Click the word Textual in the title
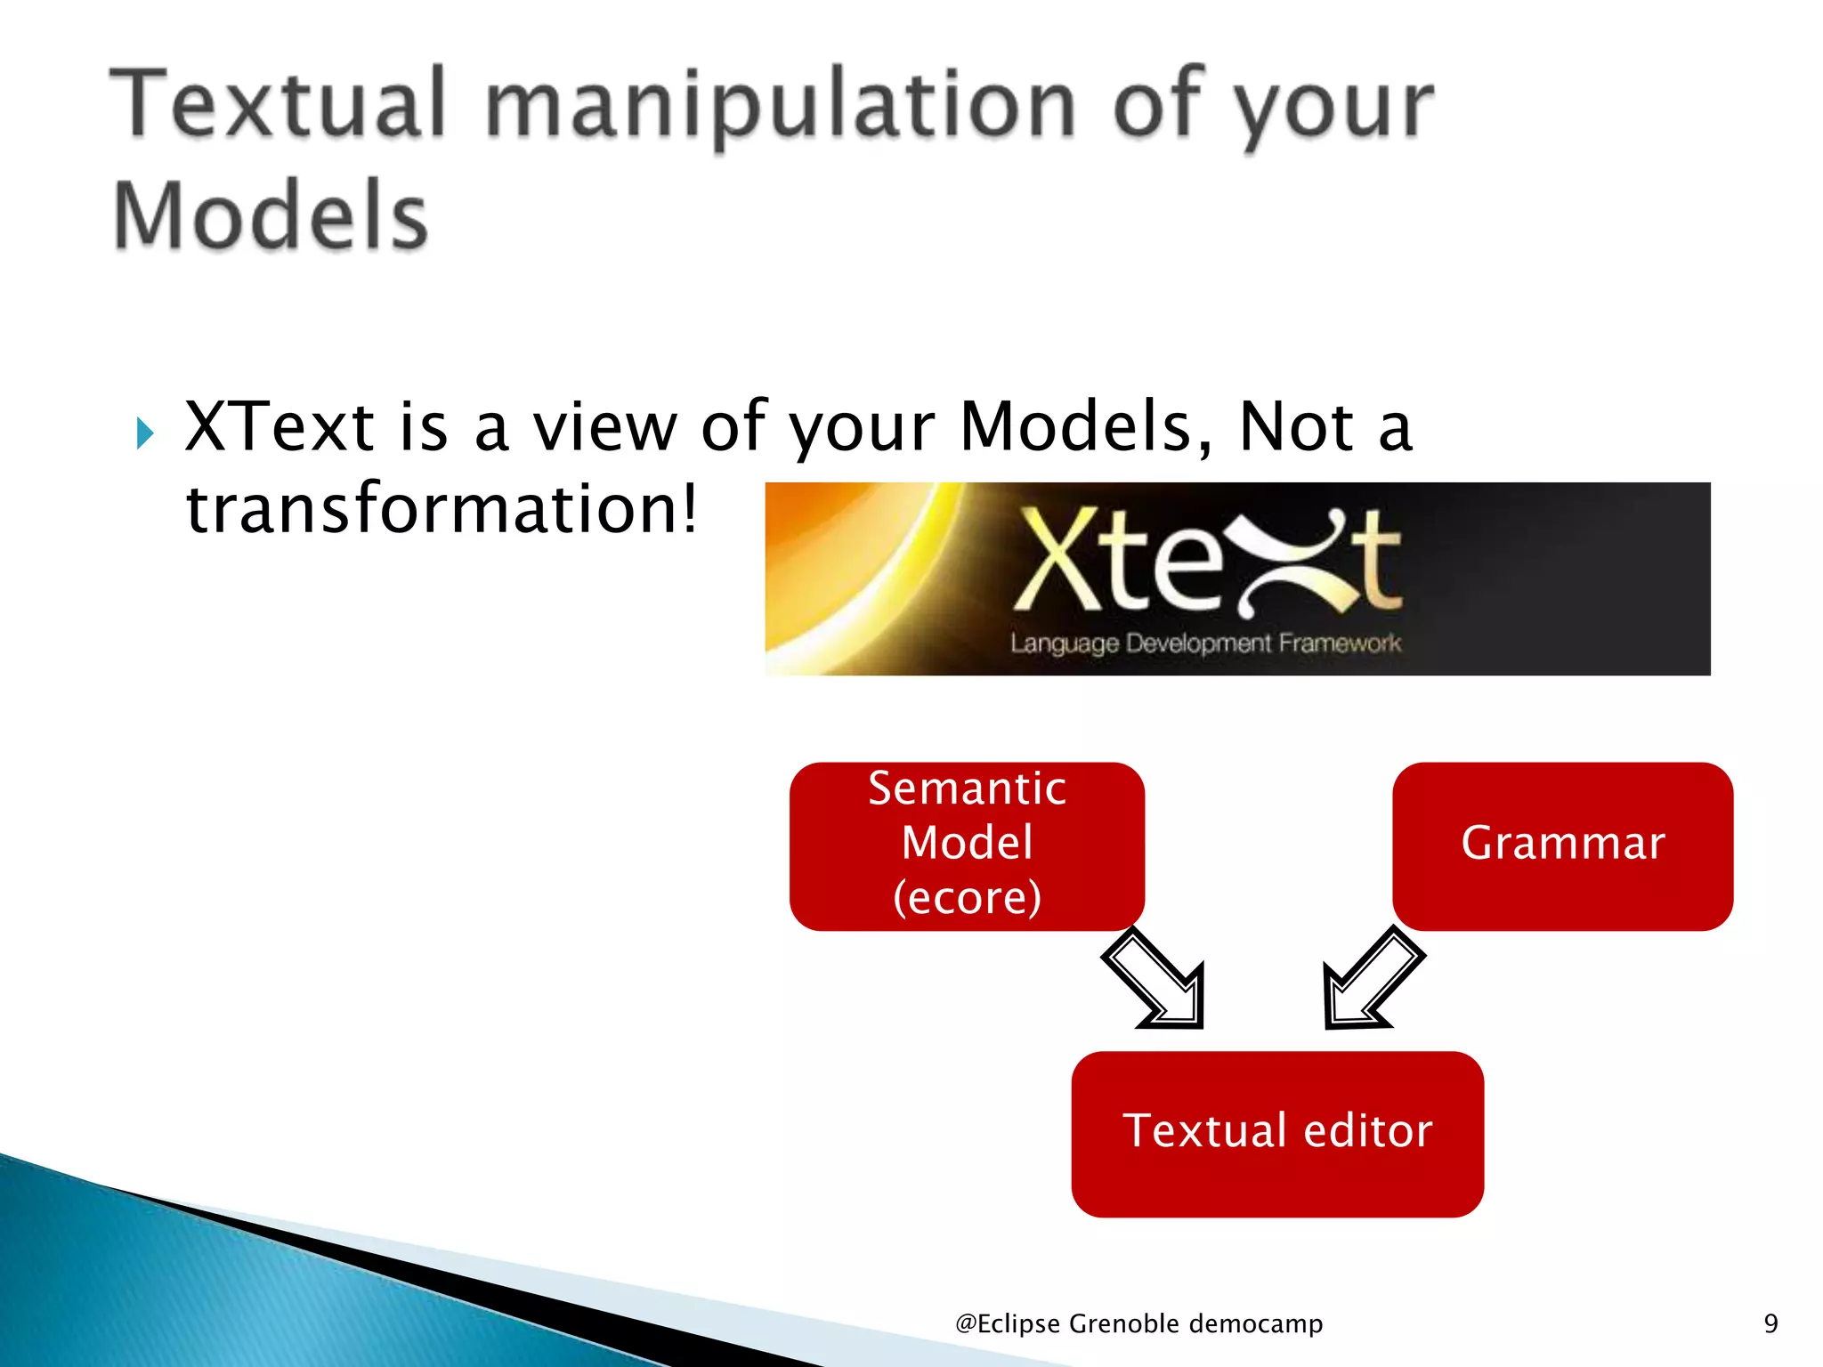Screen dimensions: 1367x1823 (x=278, y=105)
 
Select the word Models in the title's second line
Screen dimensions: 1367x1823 (x=271, y=215)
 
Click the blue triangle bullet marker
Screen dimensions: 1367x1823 (x=145, y=433)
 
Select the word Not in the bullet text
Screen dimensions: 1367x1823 (x=1297, y=427)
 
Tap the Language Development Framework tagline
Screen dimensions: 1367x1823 (x=1205, y=643)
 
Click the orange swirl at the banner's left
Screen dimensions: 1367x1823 (x=855, y=578)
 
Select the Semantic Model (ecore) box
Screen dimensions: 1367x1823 (x=967, y=845)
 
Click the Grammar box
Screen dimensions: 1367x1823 (x=1562, y=845)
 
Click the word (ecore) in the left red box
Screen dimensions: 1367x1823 (x=968, y=897)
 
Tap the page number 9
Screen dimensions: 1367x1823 (x=1770, y=1323)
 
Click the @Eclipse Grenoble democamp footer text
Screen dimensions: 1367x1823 (x=1138, y=1323)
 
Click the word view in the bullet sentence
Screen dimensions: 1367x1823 (x=605, y=427)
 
